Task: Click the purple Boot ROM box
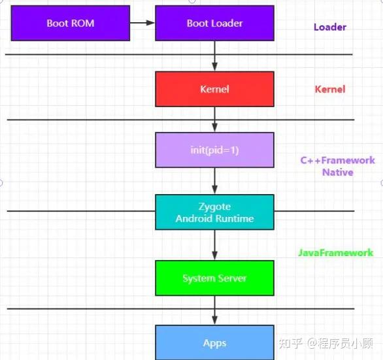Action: pos(71,24)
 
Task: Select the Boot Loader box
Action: pos(214,24)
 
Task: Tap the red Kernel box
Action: pos(214,89)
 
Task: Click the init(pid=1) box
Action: pos(214,150)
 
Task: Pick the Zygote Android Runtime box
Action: pos(214,212)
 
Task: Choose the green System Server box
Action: pos(214,278)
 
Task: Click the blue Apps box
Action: pos(214,342)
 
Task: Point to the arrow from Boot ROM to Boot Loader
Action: pos(142,24)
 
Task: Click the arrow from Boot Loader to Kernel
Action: pos(214,57)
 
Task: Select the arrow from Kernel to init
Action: pos(214,120)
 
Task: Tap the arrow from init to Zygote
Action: pos(214,180)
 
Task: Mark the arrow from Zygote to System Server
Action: pos(214,245)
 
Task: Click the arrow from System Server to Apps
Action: pos(214,310)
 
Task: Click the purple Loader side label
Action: pos(329,27)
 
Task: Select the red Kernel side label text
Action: pos(329,90)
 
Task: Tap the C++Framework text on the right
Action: pos(337,160)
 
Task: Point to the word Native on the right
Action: pos(337,172)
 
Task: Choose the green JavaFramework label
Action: pos(336,252)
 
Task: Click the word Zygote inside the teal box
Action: pos(214,206)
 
